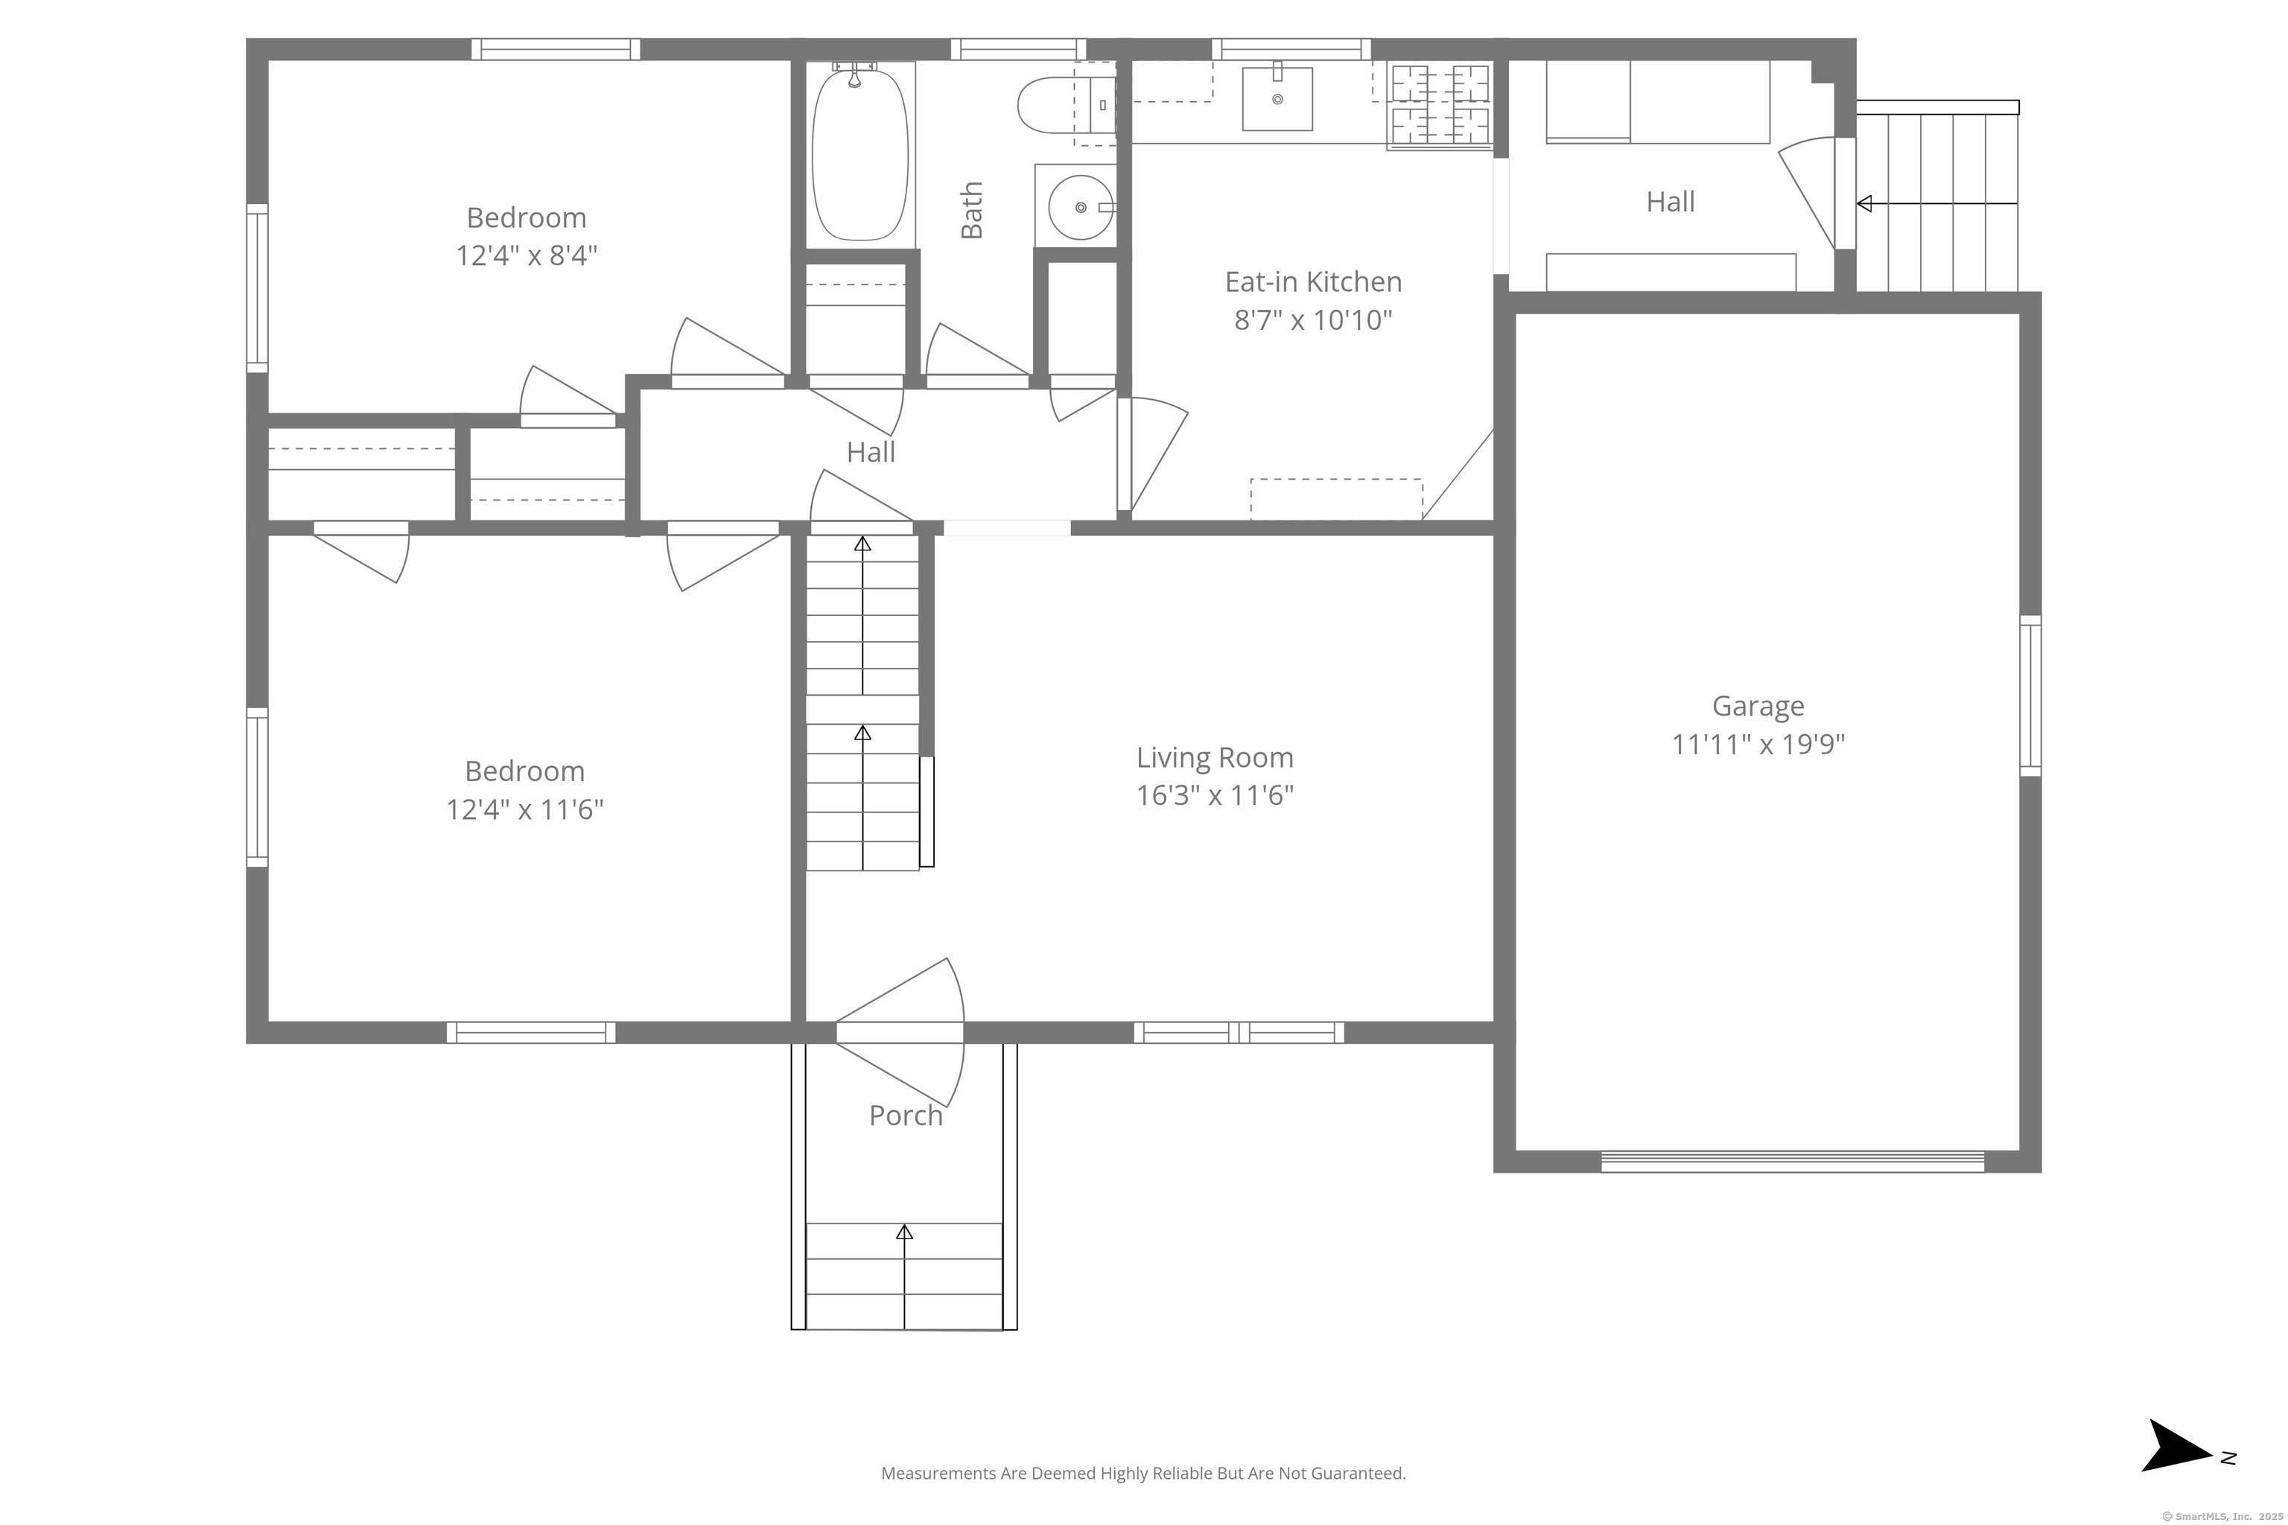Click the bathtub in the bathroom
pos(860,152)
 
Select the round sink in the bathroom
pos(1081,207)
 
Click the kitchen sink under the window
pos(1277,98)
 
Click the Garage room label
pos(1758,705)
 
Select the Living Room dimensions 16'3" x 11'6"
pos(1215,795)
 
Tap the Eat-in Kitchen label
pos(1313,282)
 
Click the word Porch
pos(906,1115)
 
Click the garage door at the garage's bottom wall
pos(1792,1162)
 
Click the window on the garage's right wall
pos(2030,695)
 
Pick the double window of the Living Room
pos(1239,1032)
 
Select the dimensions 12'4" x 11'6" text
pos(525,809)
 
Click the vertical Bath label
pos(972,210)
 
